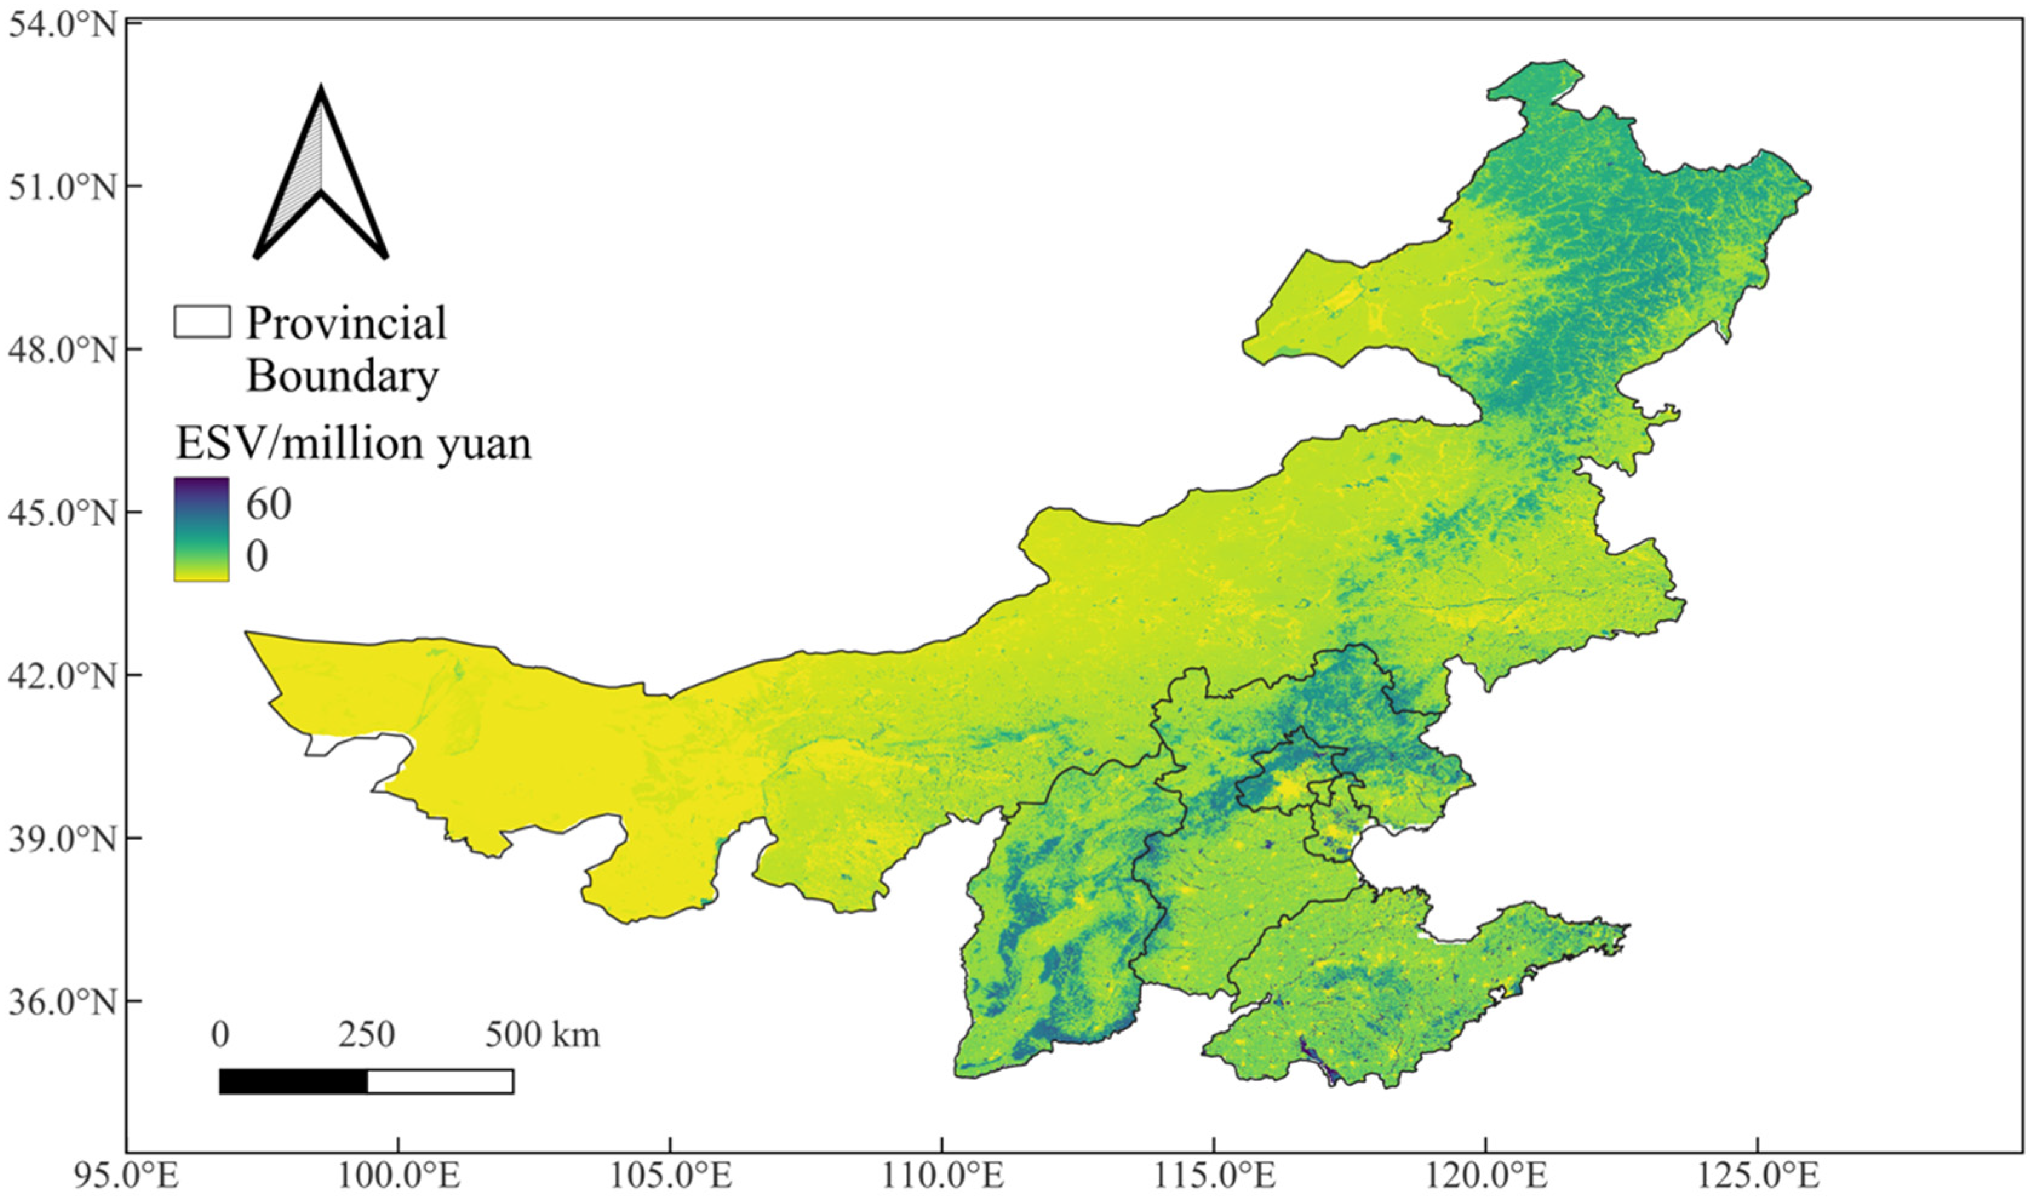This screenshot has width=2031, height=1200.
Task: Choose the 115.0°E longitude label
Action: point(1214,1176)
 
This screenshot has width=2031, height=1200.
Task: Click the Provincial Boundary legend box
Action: point(201,321)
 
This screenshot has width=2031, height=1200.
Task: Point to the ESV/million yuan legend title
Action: point(354,443)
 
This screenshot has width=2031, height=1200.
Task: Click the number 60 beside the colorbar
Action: point(268,504)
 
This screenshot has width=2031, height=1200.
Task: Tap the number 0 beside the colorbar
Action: point(257,556)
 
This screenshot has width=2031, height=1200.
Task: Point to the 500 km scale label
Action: point(542,1034)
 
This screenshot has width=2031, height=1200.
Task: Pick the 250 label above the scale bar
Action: point(366,1034)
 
